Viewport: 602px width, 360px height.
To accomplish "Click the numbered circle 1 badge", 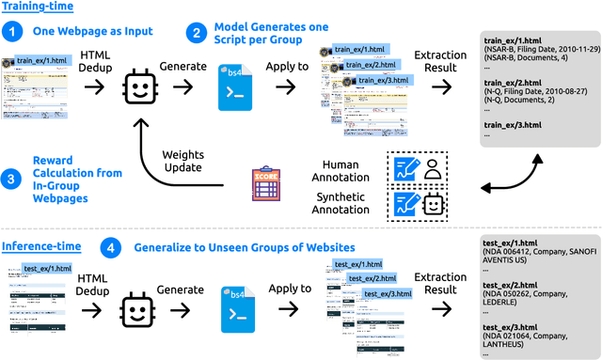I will coord(11,32).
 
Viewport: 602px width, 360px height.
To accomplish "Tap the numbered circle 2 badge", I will coord(194,32).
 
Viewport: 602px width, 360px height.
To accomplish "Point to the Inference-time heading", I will coord(40,247).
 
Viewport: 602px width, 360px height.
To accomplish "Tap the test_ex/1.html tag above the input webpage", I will coord(47,269).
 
